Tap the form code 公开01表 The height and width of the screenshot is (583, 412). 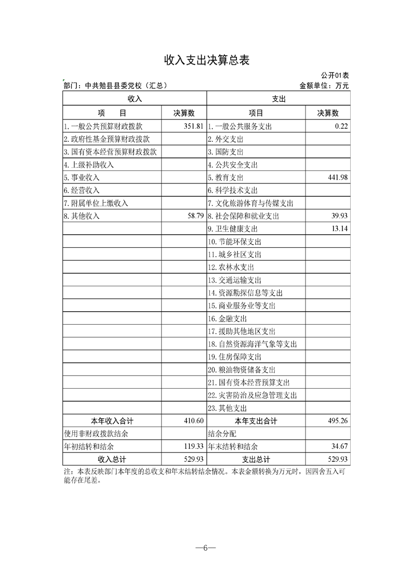click(335, 76)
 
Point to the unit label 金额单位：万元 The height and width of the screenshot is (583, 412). click(324, 85)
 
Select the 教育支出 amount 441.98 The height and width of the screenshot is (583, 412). click(337, 178)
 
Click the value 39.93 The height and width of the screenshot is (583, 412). click(339, 216)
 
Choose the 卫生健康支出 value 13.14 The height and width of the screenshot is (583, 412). click(339, 229)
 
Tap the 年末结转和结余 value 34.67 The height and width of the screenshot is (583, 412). click(339, 446)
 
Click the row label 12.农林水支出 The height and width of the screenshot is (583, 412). click(231, 267)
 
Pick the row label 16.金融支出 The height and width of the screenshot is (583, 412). click(227, 319)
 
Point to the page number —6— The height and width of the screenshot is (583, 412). click(206, 548)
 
